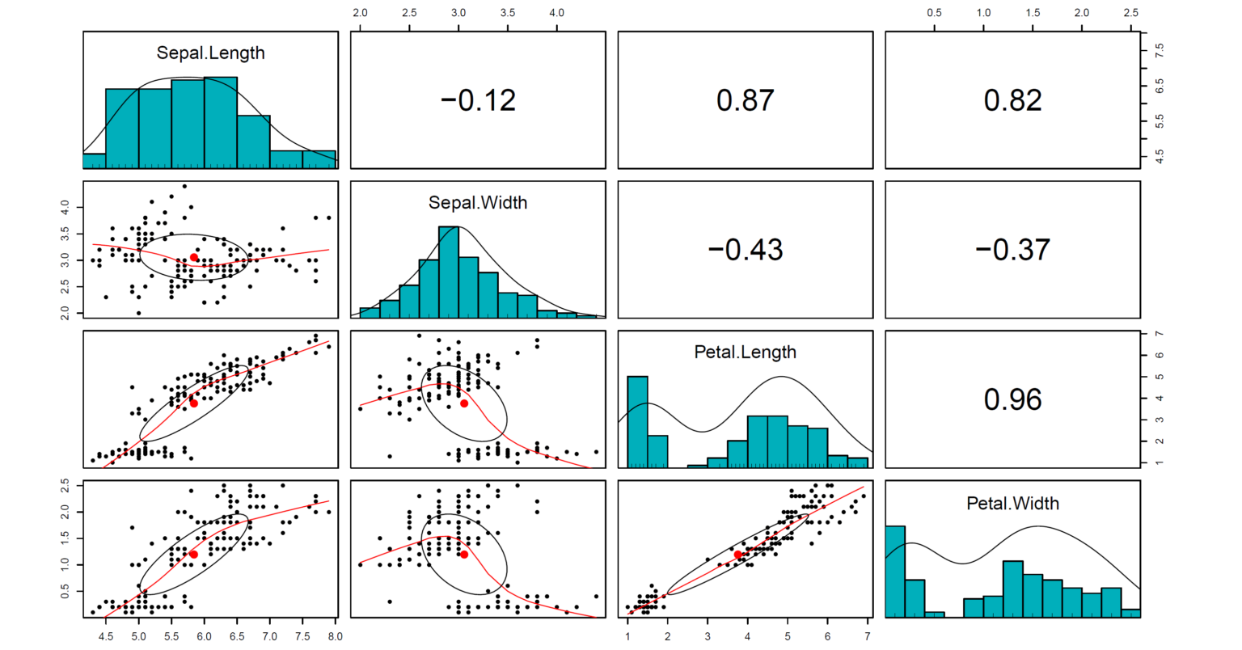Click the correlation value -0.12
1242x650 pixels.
(x=478, y=100)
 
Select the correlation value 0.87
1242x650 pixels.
(x=745, y=100)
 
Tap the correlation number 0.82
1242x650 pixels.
(x=1012, y=100)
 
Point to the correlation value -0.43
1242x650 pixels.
(x=745, y=249)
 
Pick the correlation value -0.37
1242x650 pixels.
(x=1012, y=249)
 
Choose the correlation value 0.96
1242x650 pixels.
(x=1012, y=399)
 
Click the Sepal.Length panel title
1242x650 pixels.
(x=210, y=53)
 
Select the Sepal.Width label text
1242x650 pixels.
(x=478, y=203)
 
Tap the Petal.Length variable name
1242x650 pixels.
(x=745, y=352)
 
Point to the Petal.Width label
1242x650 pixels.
(x=1012, y=503)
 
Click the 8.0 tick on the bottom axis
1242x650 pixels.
(x=334, y=636)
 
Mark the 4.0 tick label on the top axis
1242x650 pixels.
(x=557, y=13)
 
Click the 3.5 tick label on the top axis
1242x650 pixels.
(x=508, y=13)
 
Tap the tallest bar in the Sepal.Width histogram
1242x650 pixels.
(x=449, y=272)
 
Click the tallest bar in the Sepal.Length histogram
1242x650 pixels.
(x=220, y=122)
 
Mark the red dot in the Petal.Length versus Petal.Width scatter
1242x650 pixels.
(x=738, y=555)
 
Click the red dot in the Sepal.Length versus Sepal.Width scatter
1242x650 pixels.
(x=194, y=257)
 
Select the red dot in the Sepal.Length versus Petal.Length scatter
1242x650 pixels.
(x=194, y=403)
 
